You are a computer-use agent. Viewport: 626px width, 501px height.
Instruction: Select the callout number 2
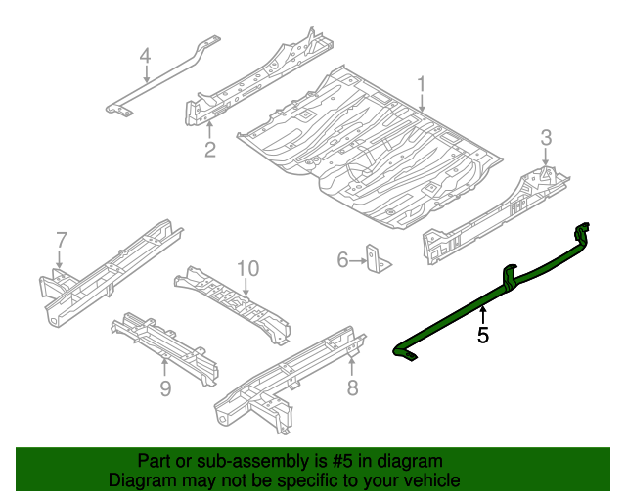click(x=209, y=149)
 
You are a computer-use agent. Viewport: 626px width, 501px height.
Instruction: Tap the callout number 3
click(x=546, y=136)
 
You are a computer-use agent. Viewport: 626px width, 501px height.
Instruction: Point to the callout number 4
click(x=145, y=56)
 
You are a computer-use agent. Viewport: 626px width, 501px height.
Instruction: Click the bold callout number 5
click(x=482, y=336)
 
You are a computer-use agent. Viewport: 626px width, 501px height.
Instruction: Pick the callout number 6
click(x=342, y=259)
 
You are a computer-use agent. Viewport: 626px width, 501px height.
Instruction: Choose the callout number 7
click(x=61, y=240)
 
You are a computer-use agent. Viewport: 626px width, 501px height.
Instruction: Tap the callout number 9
click(x=164, y=389)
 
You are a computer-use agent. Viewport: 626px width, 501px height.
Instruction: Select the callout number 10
click(x=246, y=268)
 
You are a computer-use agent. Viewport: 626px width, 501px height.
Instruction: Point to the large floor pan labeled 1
click(x=372, y=147)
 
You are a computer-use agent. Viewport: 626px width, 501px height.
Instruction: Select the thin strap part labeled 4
click(x=166, y=83)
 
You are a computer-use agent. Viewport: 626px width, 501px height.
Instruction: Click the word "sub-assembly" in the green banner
click(x=232, y=461)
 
